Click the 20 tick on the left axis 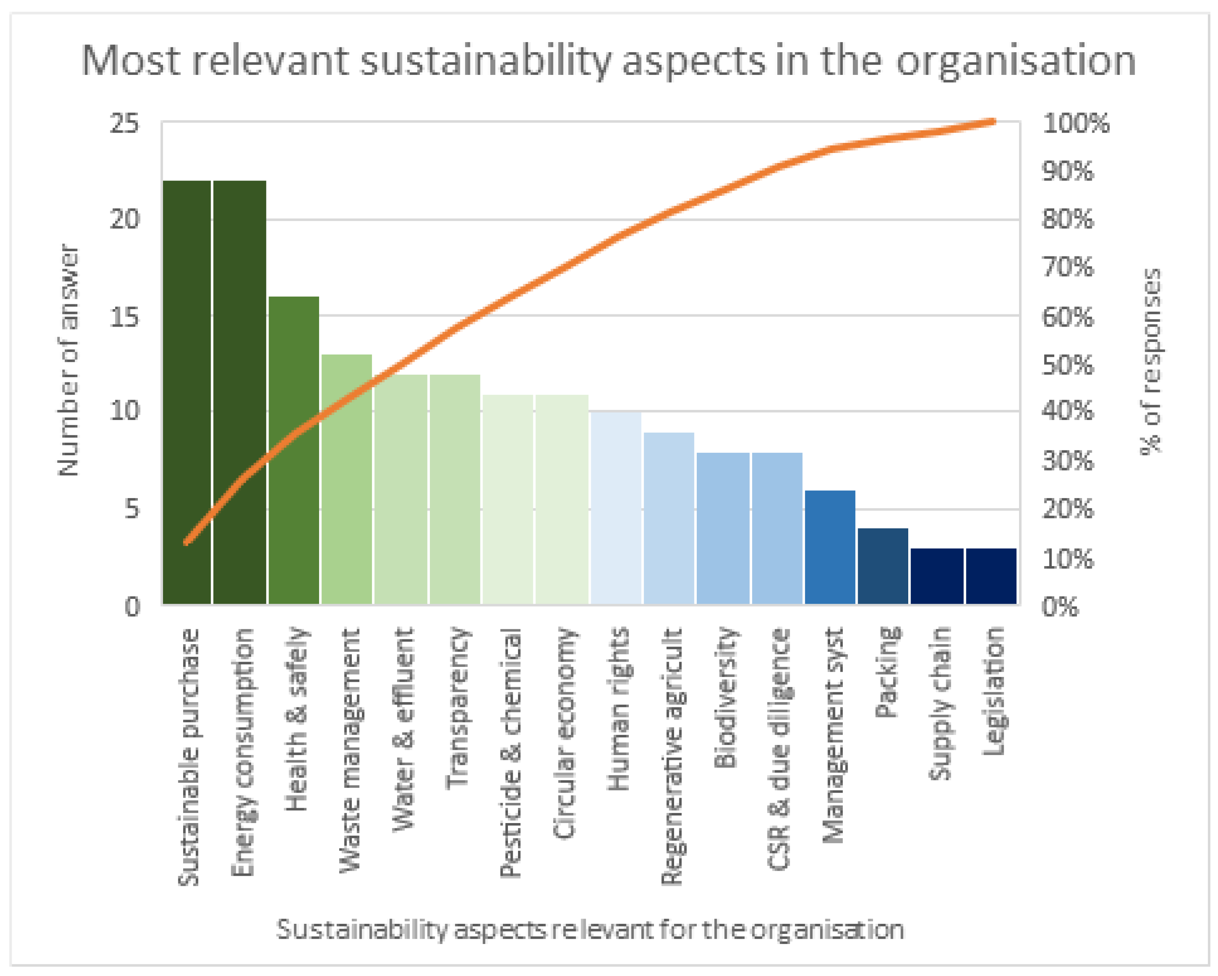click(124, 219)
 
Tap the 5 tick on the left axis click(131, 509)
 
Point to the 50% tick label click(1068, 365)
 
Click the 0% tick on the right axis click(1060, 607)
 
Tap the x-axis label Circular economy click(563, 732)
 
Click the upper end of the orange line click(993, 121)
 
